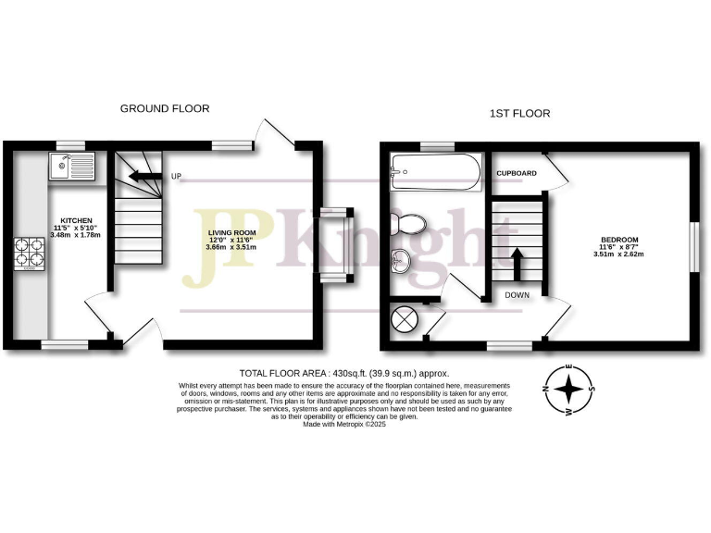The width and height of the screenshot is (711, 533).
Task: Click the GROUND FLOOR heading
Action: tap(165, 108)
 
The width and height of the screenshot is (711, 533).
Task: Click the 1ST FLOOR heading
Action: tap(519, 114)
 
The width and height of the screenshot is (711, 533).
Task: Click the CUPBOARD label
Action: tap(517, 173)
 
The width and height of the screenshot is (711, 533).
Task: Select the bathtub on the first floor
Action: tap(435, 169)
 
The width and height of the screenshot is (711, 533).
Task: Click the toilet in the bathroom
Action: tap(406, 223)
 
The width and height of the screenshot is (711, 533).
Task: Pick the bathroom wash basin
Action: tap(402, 262)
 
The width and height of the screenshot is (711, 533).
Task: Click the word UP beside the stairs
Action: tap(174, 176)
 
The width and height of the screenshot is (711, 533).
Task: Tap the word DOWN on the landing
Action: tap(517, 295)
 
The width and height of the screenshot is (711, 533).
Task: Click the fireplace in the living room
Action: tap(334, 244)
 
